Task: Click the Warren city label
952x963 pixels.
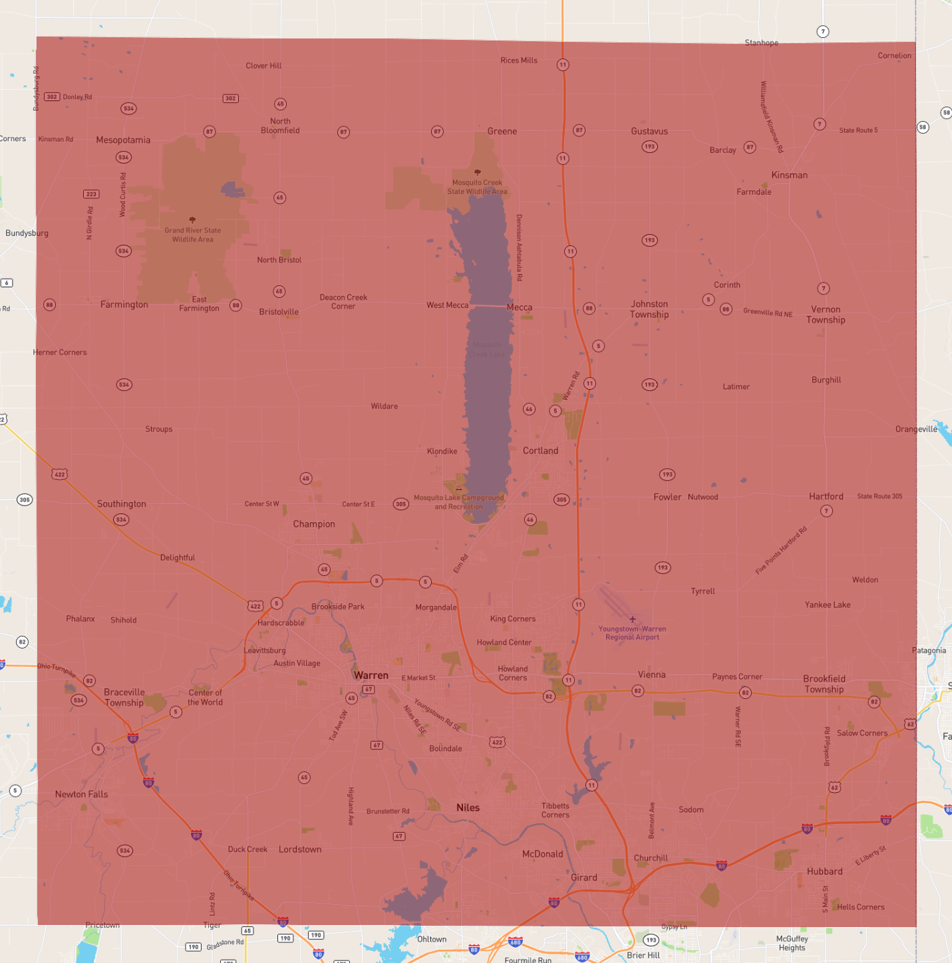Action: [371, 675]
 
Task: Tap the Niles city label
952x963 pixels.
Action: [468, 807]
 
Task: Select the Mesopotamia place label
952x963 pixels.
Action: [123, 140]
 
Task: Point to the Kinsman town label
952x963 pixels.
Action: [789, 175]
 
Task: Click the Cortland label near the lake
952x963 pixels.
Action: [540, 450]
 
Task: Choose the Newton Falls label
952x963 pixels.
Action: [81, 794]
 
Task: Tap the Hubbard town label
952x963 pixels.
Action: [824, 871]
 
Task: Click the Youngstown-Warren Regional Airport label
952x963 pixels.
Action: [632, 633]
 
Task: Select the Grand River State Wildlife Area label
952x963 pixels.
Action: [193, 235]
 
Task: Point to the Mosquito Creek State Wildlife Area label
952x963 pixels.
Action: [477, 187]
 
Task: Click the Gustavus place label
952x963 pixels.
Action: [649, 131]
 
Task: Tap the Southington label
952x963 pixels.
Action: [122, 503]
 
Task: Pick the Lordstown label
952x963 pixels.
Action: [300, 849]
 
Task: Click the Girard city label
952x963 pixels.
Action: [583, 877]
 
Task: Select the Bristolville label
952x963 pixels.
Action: [279, 312]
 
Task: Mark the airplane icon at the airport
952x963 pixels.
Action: [632, 619]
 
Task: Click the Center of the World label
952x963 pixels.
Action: [205, 697]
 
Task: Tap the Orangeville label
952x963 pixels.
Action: [916, 429]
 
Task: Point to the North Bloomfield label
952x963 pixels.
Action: [280, 126]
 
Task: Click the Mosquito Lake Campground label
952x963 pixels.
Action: [459, 502]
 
